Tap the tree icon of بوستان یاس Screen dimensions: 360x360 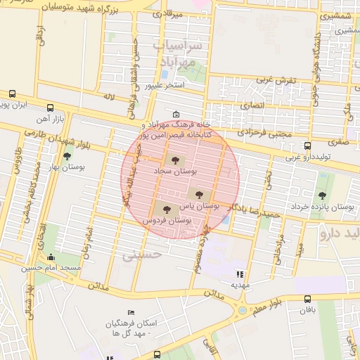tap(199, 194)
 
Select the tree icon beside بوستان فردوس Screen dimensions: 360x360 tap(166, 209)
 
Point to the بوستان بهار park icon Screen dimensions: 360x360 tap(67, 157)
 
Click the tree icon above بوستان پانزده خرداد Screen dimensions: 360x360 tap(322, 195)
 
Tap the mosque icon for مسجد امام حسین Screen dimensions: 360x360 tap(50, 257)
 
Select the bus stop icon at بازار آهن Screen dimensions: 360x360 tap(50, 108)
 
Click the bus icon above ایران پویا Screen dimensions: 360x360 tap(12, 94)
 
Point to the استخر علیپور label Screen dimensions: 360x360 tap(164, 86)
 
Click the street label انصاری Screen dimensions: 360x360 tap(250, 105)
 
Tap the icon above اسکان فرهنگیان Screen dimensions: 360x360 tap(130, 313)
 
